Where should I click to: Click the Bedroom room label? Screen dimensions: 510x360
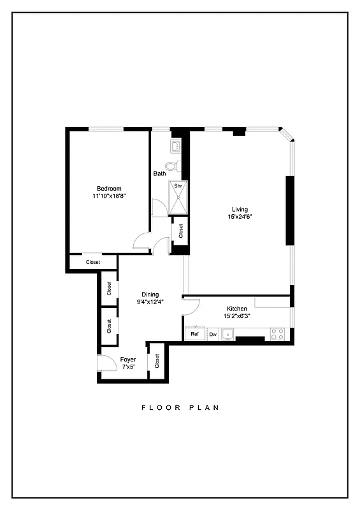108,188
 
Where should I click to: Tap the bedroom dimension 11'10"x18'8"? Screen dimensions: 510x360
108,196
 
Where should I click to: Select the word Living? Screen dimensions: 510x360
240,209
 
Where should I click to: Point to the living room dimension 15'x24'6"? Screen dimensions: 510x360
240,217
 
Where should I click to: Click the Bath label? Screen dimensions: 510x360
159,173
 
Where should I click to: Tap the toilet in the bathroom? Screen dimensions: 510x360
180,167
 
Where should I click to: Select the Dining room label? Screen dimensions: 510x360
150,295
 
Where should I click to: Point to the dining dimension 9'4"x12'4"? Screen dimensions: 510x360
150,302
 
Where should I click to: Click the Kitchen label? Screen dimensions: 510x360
237,309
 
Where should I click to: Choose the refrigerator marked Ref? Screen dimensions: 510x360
194,334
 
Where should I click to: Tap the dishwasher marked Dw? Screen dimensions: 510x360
213,334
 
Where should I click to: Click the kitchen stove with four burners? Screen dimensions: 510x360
277,333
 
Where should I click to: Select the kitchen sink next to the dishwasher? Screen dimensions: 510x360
227,333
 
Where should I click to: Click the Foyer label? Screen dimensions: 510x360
128,360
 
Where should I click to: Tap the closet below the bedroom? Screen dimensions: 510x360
93,262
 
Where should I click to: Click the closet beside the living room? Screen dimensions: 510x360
181,230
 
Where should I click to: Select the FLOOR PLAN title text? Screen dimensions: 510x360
180,407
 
